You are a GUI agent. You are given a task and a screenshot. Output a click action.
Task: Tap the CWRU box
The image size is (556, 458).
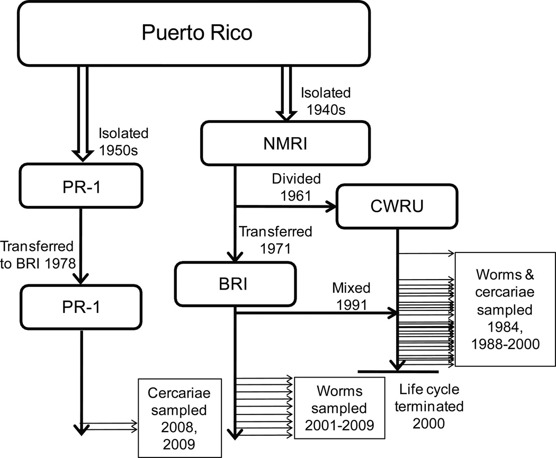click(396, 207)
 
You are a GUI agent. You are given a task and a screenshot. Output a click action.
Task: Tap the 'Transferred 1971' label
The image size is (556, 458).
click(275, 239)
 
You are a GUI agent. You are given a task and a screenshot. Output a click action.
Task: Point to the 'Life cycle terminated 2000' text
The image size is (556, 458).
click(430, 406)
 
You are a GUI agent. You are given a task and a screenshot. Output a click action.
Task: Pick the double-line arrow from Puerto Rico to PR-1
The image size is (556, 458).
click(81, 116)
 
